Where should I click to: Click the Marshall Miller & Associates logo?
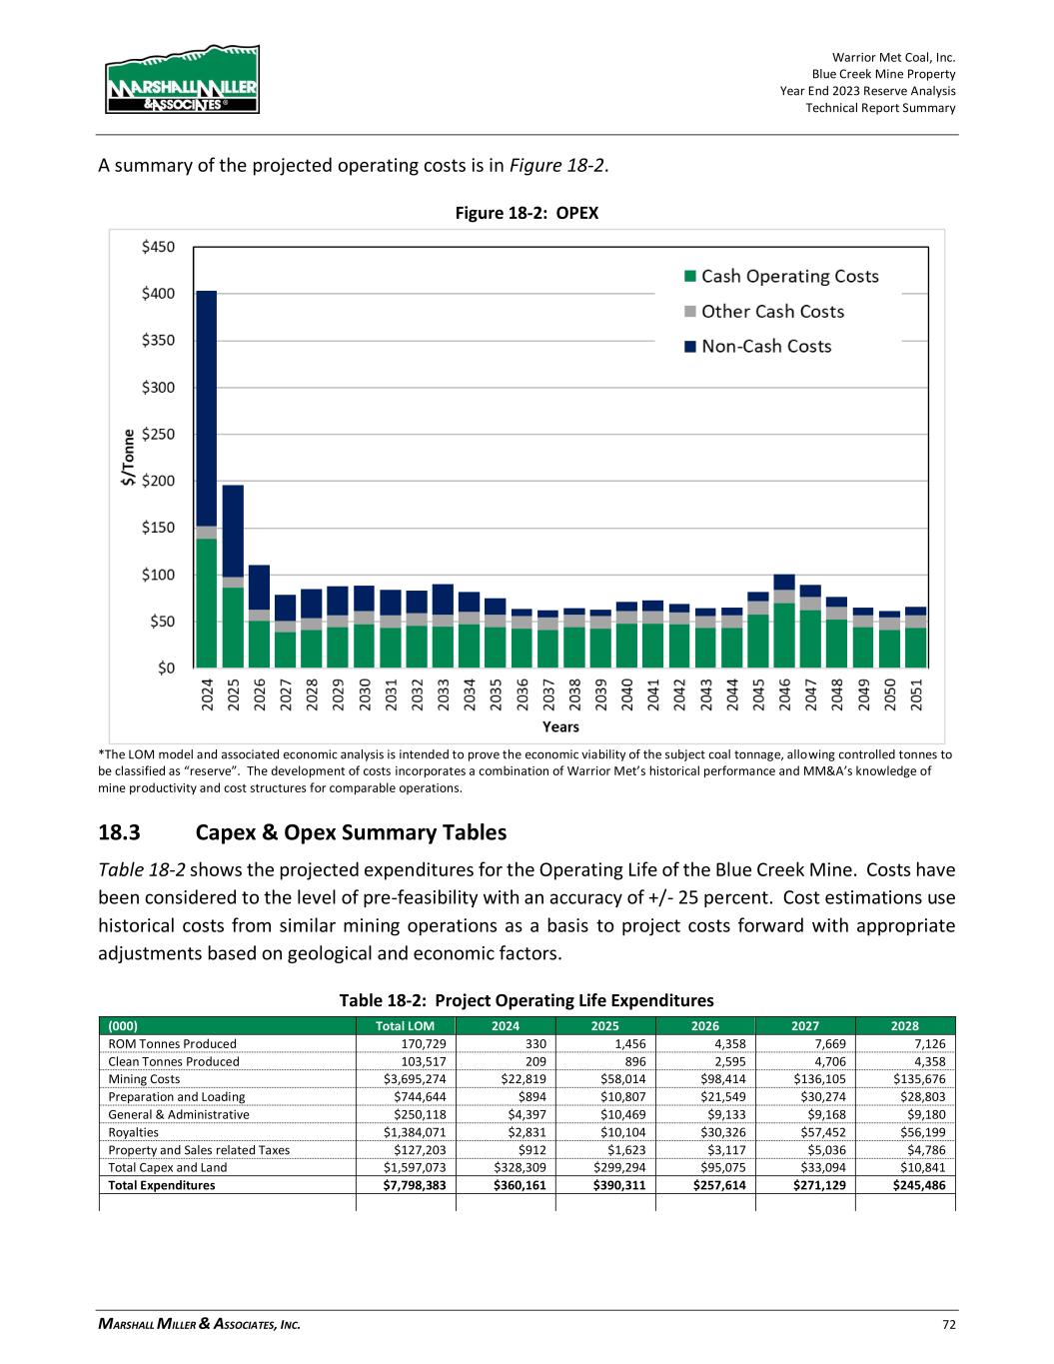[182, 80]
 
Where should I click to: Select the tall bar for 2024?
[207, 480]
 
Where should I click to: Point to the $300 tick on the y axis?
[160, 387]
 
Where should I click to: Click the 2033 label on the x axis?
[443, 694]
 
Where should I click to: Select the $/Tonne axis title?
[127, 458]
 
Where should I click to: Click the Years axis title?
[560, 726]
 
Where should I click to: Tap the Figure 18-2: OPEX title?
[527, 213]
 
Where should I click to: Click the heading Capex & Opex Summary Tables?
[351, 832]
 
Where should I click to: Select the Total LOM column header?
[406, 1025]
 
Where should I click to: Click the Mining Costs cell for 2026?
[705, 1079]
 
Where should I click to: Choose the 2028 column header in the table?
[905, 1025]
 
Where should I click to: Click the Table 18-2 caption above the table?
[527, 1000]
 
